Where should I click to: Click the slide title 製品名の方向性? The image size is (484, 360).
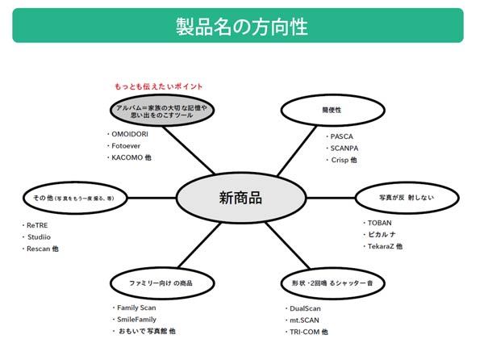click(x=241, y=25)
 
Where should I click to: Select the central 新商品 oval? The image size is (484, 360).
click(x=241, y=197)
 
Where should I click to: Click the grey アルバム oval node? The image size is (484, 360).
click(x=161, y=111)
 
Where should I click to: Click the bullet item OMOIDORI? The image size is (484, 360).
click(x=132, y=134)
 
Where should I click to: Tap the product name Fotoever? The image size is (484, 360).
click(x=128, y=146)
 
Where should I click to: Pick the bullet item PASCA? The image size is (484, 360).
click(x=341, y=136)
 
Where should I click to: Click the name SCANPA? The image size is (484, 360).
click(x=344, y=149)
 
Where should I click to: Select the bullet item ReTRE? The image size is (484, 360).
click(x=38, y=225)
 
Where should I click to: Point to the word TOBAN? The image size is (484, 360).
click(x=379, y=222)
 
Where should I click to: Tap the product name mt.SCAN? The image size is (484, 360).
click(x=306, y=320)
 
